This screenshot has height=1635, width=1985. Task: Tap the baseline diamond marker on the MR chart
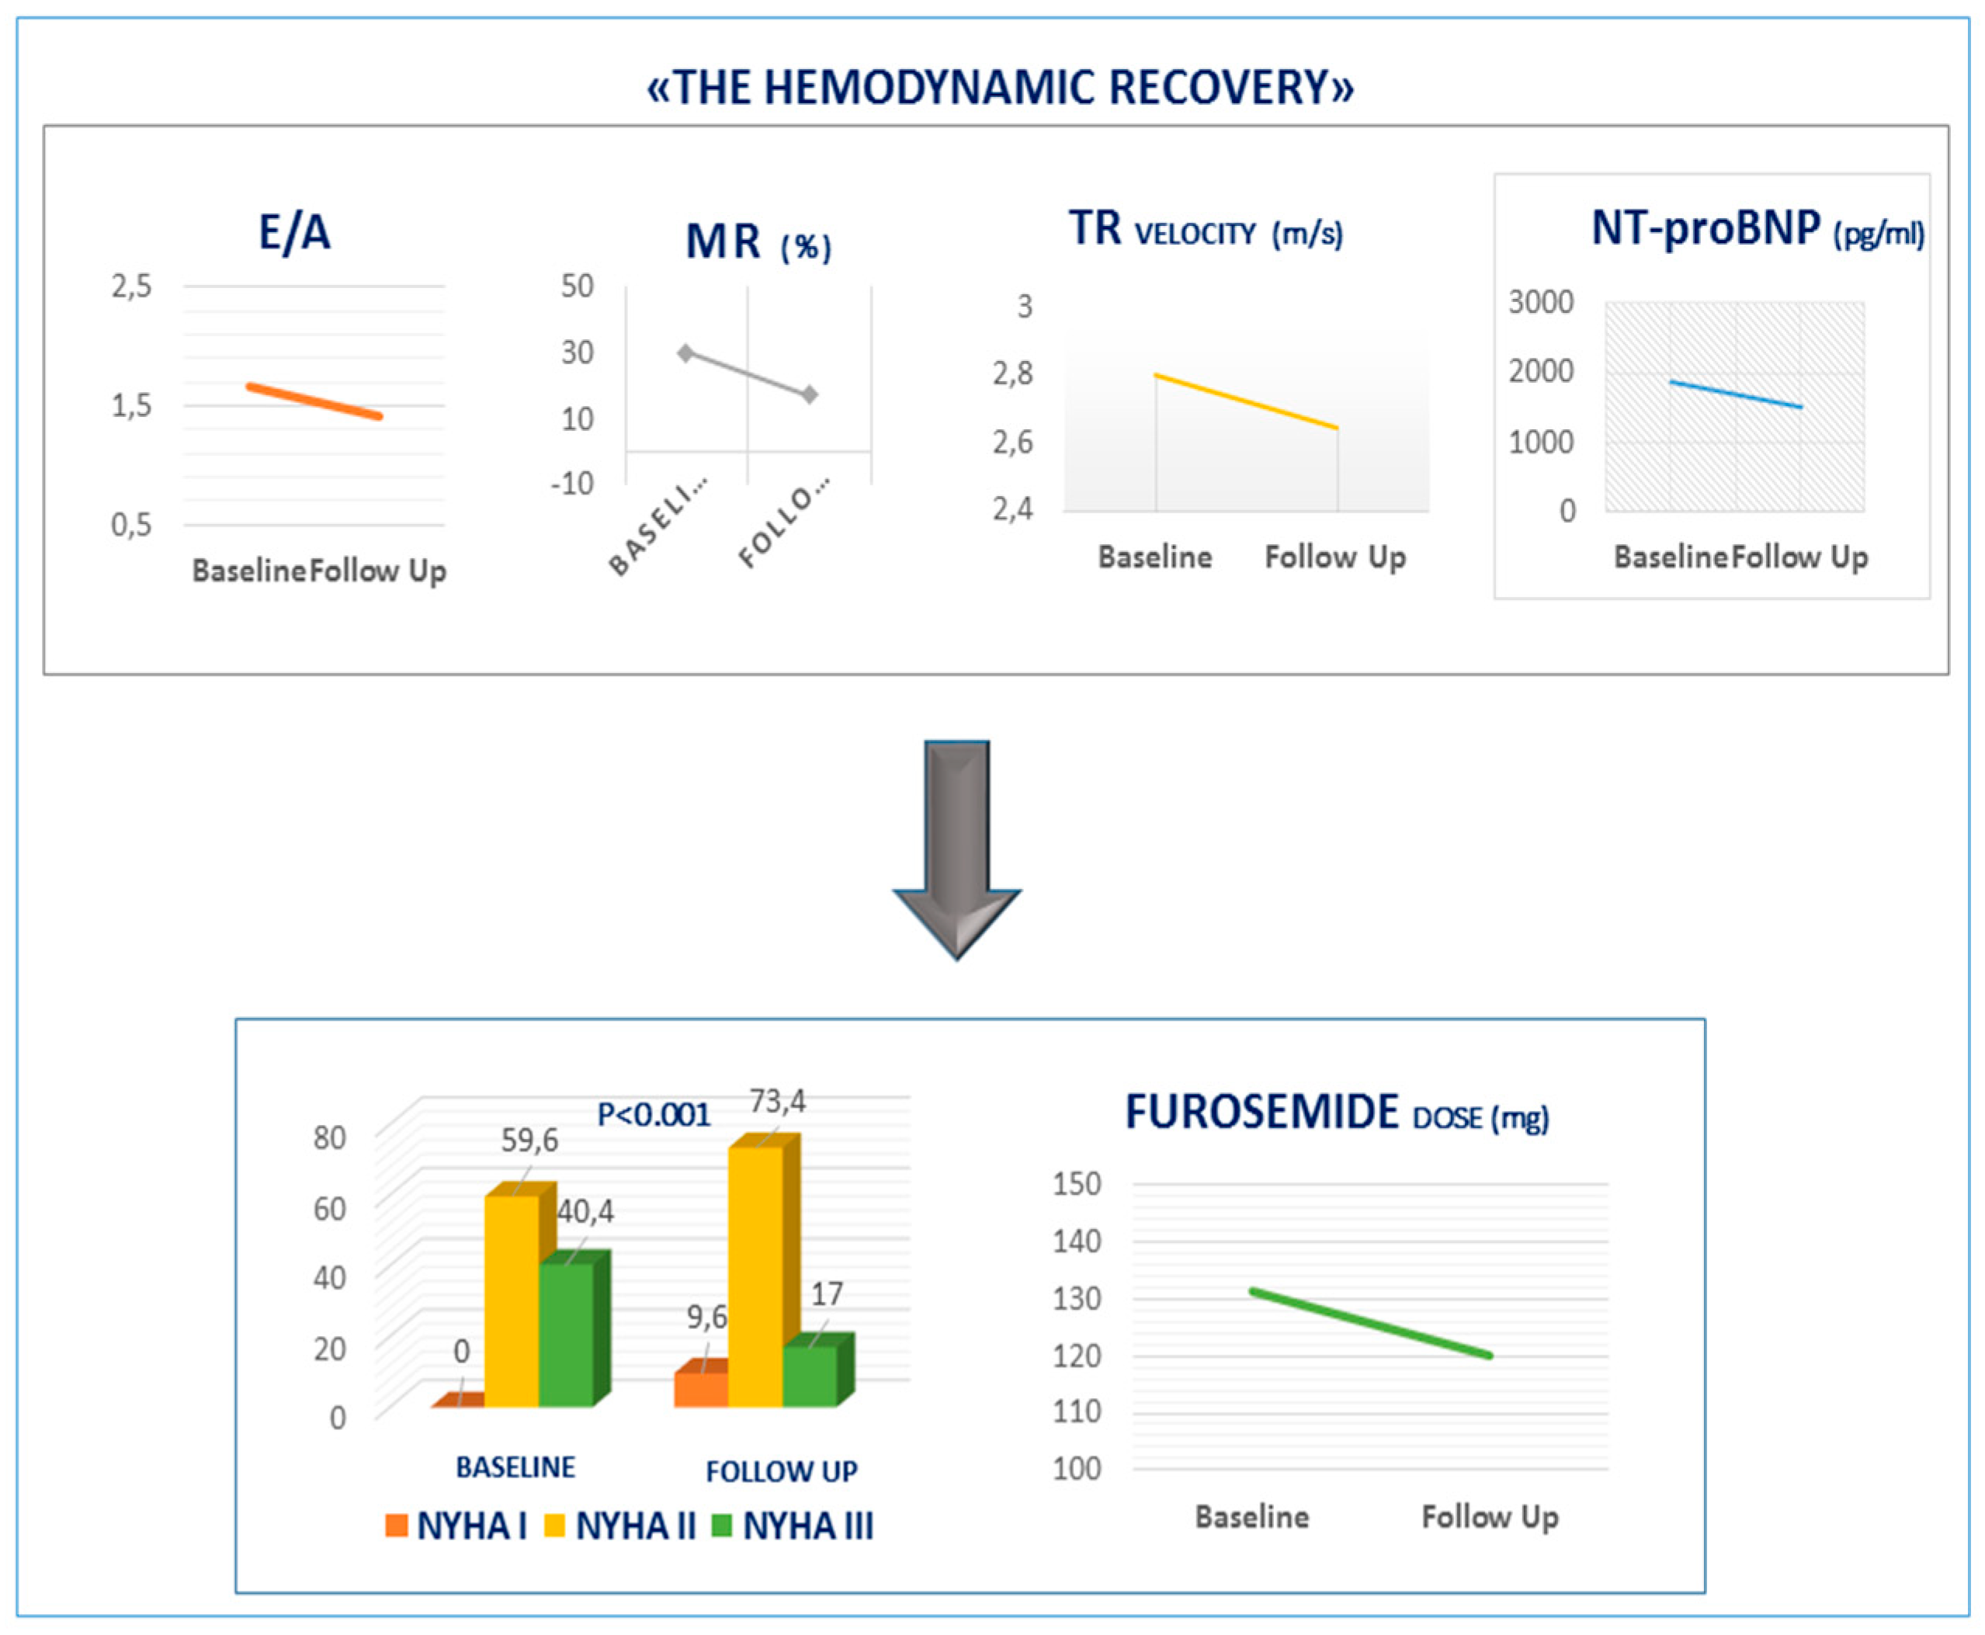[x=685, y=353]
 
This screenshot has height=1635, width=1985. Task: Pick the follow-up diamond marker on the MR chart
[x=810, y=394]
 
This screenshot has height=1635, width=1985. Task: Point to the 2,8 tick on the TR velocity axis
[x=1012, y=374]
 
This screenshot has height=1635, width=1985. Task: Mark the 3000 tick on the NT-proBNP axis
[x=1540, y=302]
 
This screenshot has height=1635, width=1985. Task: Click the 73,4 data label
[x=777, y=1100]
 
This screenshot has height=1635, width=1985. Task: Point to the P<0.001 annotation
[x=654, y=1115]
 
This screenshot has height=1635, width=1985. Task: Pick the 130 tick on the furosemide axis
[x=1076, y=1298]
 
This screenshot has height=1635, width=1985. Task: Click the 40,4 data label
[x=585, y=1211]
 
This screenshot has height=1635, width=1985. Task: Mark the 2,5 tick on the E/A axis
[x=131, y=286]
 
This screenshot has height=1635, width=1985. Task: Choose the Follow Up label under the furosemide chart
[x=1490, y=1516]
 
